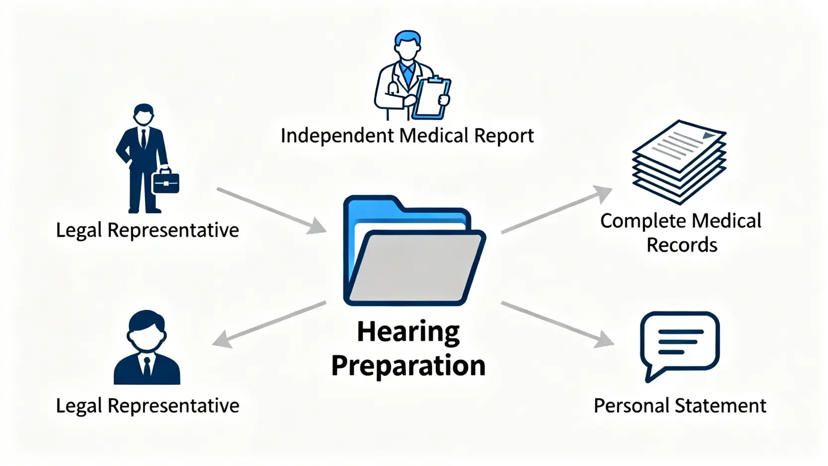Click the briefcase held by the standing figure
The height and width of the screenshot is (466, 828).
166,183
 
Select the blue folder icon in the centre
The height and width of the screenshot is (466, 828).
414,251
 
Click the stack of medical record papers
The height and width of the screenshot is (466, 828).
679,162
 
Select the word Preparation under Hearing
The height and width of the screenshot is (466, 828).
408,366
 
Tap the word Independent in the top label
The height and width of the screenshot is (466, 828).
336,136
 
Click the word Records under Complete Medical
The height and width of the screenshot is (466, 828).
681,245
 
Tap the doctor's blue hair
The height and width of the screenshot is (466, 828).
407,38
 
